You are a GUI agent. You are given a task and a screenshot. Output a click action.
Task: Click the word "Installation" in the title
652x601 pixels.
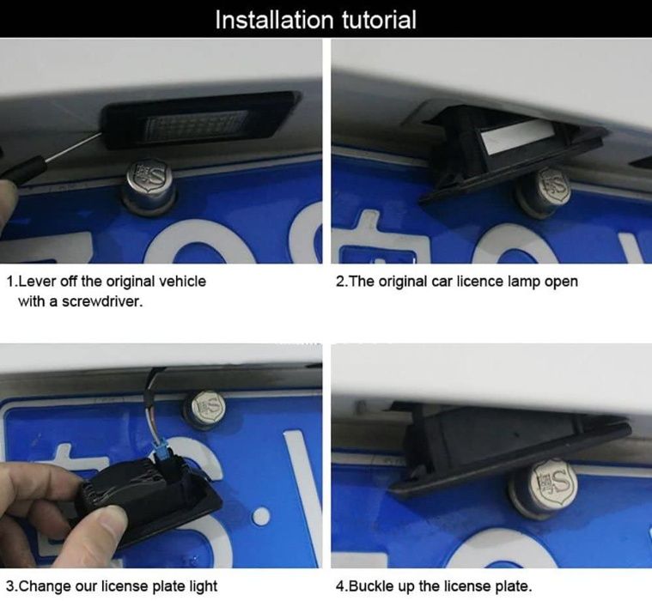click(274, 20)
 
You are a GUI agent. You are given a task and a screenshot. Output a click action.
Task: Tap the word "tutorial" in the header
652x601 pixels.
click(379, 20)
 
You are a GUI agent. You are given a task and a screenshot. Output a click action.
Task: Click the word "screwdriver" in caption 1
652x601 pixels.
click(102, 301)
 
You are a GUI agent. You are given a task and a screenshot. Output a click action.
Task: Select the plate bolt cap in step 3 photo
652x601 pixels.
click(208, 409)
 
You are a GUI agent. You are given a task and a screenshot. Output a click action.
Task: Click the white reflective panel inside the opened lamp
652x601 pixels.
click(512, 137)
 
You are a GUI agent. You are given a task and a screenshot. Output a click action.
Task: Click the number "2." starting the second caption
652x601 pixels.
click(340, 282)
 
